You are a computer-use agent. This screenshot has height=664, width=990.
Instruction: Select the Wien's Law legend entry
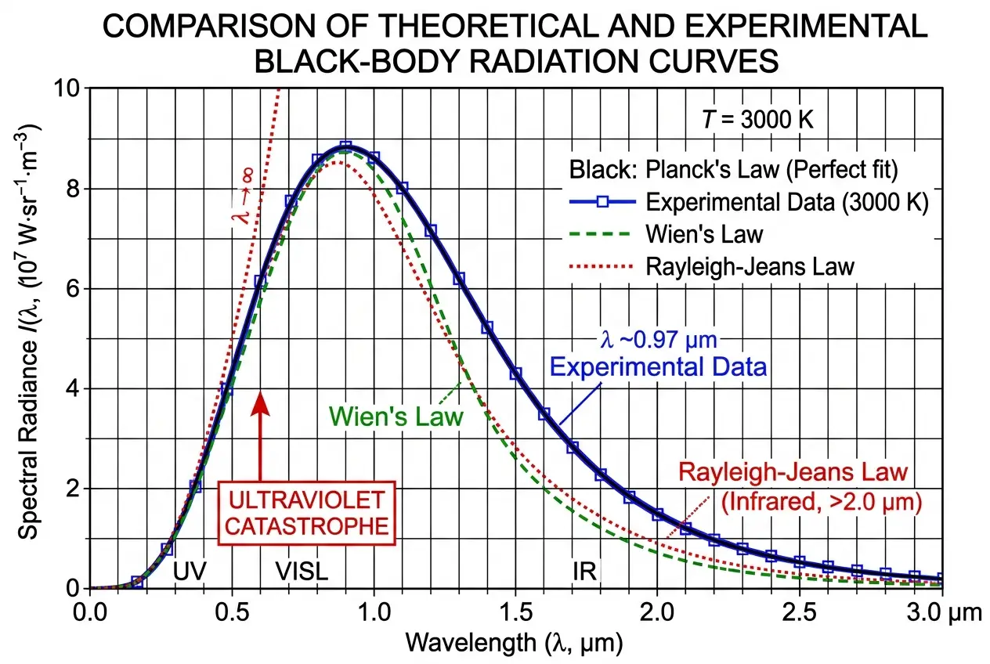pos(704,234)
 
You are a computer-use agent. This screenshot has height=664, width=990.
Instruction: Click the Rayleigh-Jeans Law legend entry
pos(750,266)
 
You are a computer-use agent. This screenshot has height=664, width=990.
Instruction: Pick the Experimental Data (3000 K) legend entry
pos(786,202)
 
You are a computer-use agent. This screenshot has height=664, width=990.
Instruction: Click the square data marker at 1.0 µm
pos(374,157)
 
